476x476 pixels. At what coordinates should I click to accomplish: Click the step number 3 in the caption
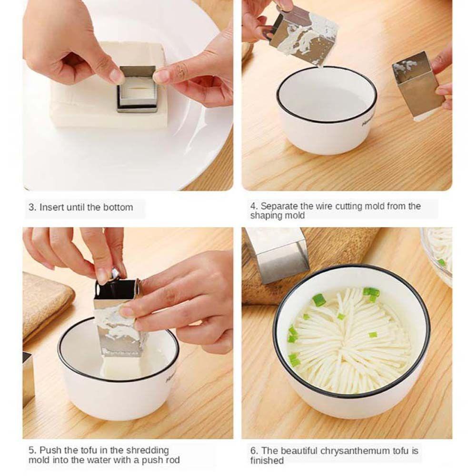point(31,208)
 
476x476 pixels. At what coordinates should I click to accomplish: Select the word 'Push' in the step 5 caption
point(50,450)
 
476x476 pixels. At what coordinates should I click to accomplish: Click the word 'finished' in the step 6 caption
point(267,460)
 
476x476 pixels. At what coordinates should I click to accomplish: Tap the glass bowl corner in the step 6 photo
point(440,252)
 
